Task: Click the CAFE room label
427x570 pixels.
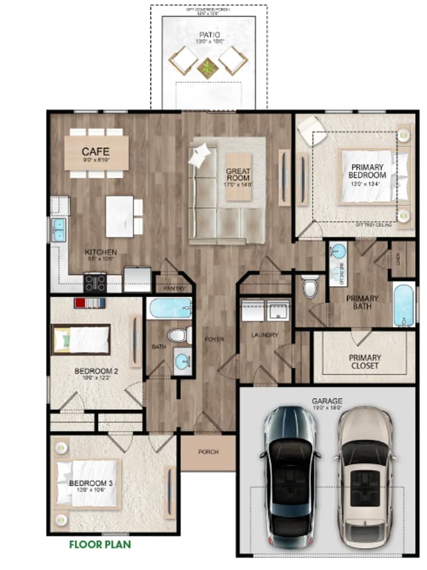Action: click(x=95, y=150)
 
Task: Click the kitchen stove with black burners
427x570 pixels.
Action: click(x=95, y=282)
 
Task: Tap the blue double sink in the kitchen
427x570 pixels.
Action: click(x=58, y=229)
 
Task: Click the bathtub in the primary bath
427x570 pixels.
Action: click(x=403, y=304)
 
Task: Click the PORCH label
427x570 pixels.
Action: click(x=208, y=452)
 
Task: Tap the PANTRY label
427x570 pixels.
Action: click(x=173, y=289)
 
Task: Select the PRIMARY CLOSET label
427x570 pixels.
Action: click(x=364, y=362)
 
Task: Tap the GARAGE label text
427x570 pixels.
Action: click(x=327, y=401)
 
